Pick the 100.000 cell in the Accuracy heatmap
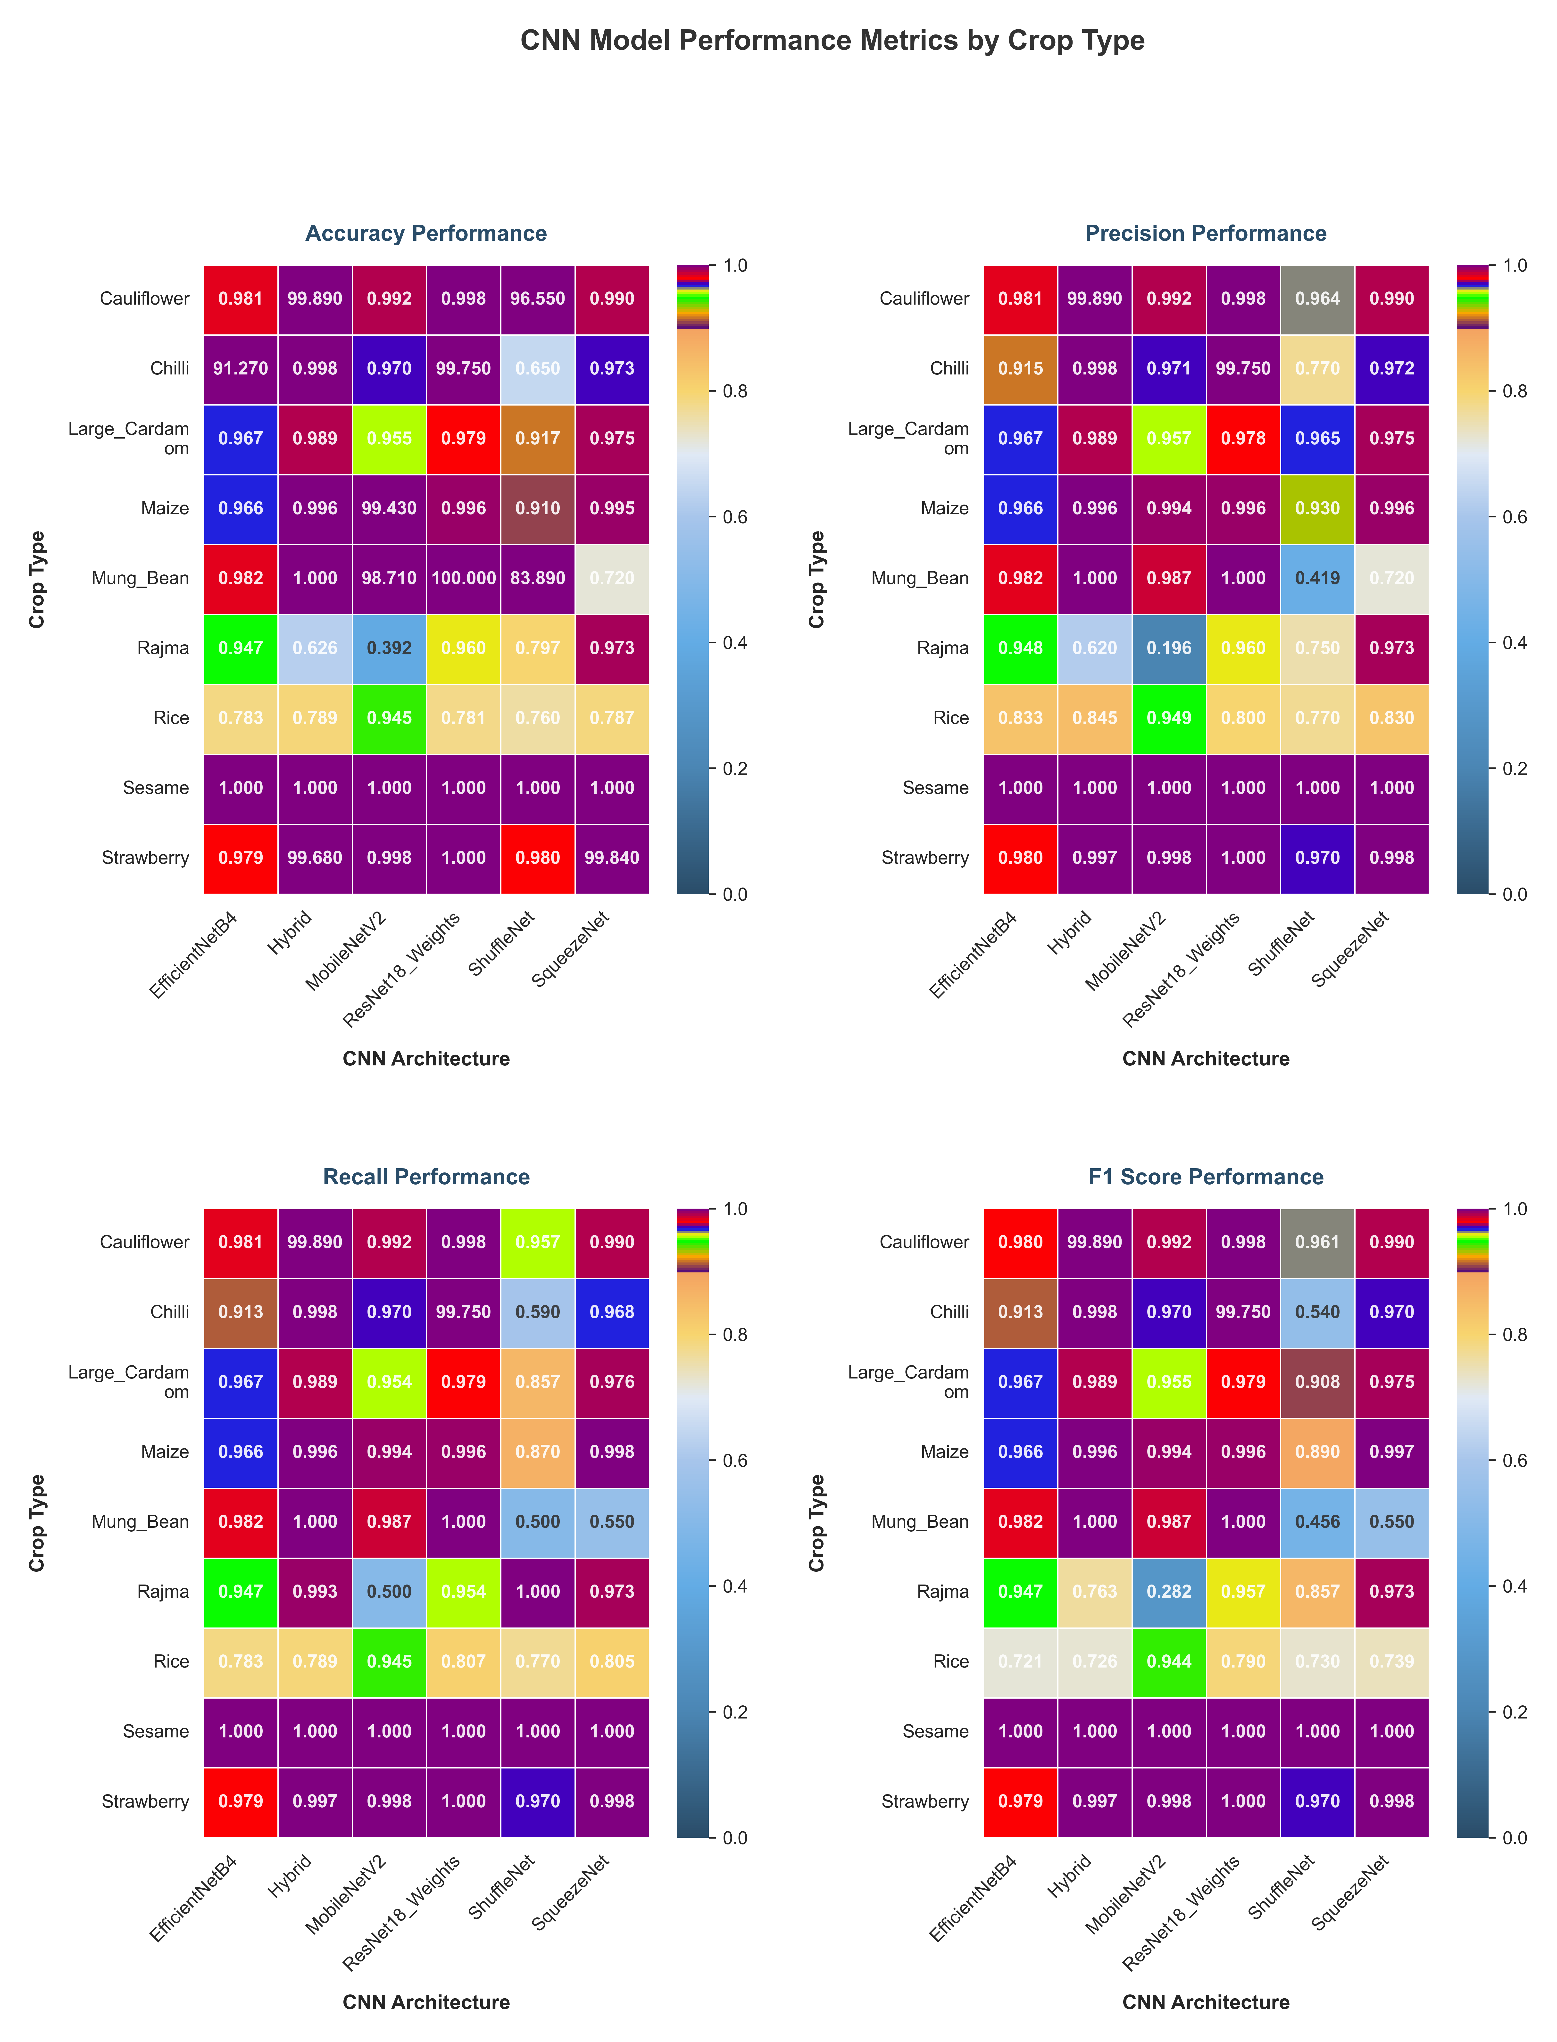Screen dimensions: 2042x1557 click(463, 578)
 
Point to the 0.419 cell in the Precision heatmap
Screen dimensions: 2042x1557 click(1317, 578)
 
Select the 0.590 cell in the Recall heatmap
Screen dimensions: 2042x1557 click(538, 1312)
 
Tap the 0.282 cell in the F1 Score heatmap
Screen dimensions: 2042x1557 click(1169, 1592)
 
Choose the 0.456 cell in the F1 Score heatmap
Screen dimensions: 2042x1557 click(1317, 1521)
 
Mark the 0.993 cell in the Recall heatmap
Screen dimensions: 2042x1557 click(315, 1592)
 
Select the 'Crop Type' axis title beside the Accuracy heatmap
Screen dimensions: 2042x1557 click(37, 579)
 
